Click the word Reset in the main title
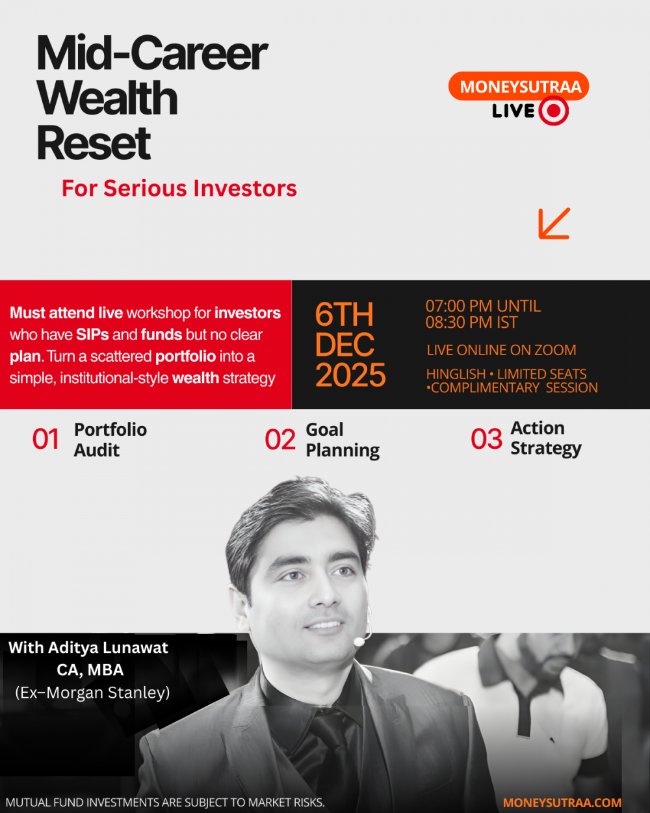[x=94, y=144]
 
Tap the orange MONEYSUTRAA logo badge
[x=519, y=86]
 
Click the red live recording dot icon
[x=554, y=111]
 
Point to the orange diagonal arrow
[x=554, y=223]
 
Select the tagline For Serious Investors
[x=179, y=188]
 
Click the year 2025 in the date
[x=350, y=375]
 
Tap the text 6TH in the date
[x=344, y=314]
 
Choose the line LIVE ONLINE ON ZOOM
[x=501, y=350]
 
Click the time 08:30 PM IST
[x=471, y=322]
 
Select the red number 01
[x=45, y=439]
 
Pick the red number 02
[x=280, y=440]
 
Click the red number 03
[x=486, y=439]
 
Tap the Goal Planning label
[x=343, y=440]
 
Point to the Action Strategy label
[x=546, y=438]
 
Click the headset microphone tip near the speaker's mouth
[x=359, y=641]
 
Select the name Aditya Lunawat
[x=108, y=648]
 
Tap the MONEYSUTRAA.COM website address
[x=562, y=803]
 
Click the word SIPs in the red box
[x=92, y=335]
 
